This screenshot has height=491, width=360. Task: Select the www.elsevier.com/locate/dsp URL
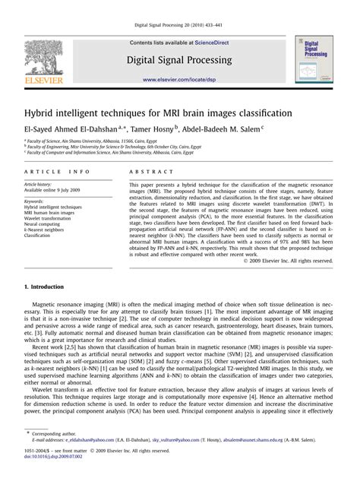click(x=180, y=78)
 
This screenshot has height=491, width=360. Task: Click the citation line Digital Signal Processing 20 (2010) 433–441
click(x=180, y=25)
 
